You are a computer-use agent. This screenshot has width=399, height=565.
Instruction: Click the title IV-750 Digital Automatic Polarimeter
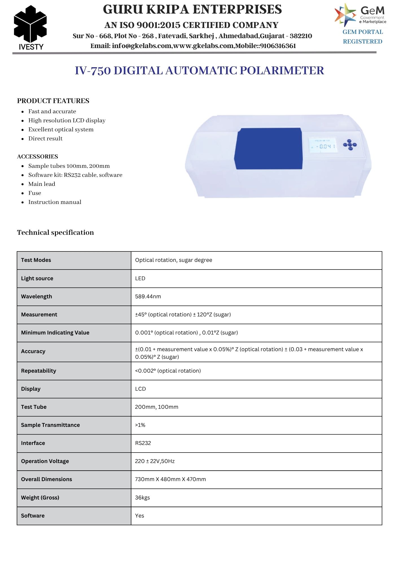pos(199,71)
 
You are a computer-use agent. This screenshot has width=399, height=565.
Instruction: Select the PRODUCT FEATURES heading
pos(53,101)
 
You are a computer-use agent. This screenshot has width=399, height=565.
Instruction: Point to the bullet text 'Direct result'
pos(45,138)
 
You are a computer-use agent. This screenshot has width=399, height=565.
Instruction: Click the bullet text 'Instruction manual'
pos(55,202)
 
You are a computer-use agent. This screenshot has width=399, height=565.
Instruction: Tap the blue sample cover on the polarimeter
pos(268,148)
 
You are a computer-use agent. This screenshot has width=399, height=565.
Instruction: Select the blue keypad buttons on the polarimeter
pos(350,145)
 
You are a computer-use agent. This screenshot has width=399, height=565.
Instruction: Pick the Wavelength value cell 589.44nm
pos(148,296)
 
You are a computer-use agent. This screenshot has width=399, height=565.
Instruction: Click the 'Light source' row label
pos(37,278)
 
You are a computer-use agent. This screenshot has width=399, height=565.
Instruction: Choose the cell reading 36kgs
pos(142,497)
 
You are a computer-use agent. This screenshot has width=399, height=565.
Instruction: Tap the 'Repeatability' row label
pos(38,371)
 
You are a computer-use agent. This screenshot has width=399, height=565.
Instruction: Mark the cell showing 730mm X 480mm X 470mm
pos(170,479)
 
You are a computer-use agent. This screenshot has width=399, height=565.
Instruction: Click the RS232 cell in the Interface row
pos(143,443)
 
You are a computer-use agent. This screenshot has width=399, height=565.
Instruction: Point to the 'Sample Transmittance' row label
pos(50,425)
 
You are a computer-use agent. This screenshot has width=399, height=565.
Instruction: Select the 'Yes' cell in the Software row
pos(139,516)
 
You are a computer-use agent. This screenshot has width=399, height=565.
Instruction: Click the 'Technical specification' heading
pos(55,232)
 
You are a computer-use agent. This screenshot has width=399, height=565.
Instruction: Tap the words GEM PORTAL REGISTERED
pos(363,37)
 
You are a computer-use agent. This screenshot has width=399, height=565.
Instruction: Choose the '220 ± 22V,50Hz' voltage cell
pos(155,461)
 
